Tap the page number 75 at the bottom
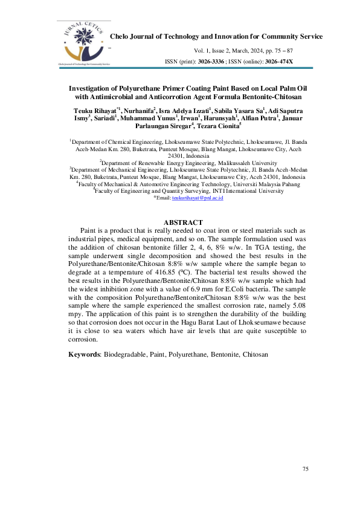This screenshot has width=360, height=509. [305, 469]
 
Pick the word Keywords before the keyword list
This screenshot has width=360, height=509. [84, 352]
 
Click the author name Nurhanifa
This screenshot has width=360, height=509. [138, 111]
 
